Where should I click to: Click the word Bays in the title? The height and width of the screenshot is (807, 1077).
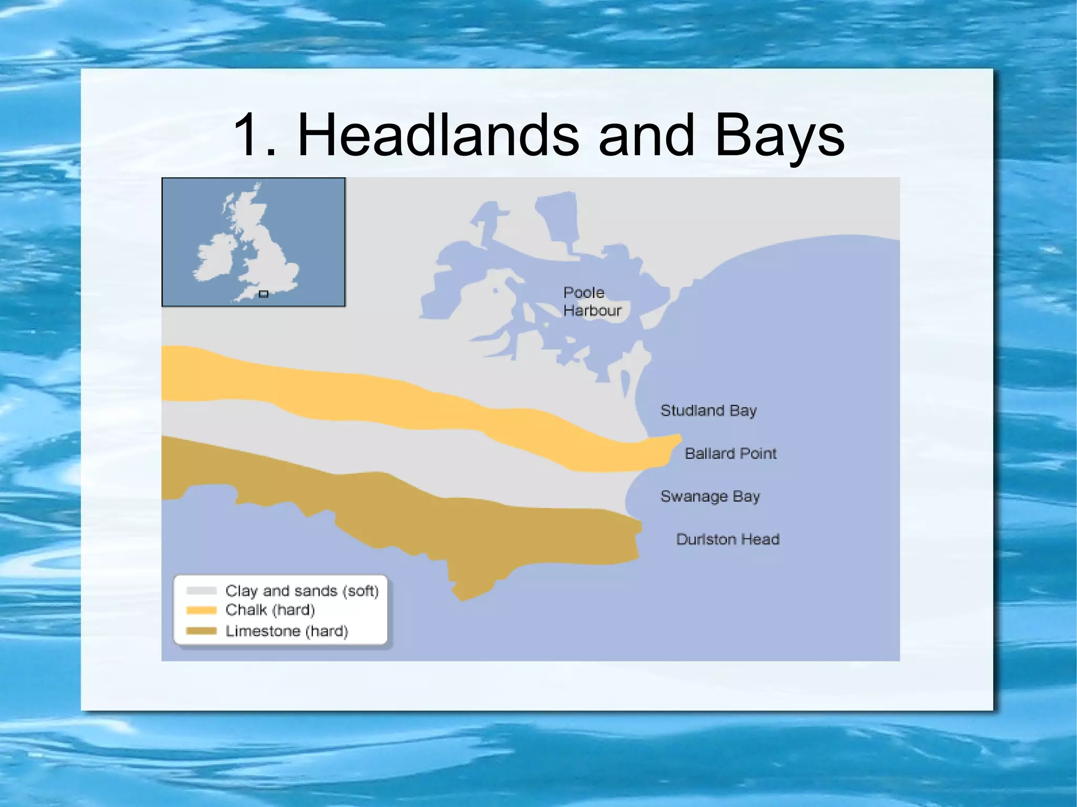click(x=779, y=136)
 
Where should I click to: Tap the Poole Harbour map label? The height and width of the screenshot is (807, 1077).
click(x=592, y=302)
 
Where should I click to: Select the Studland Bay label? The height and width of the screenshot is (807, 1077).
click(x=708, y=411)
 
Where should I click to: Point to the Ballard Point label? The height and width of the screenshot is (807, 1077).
click(x=730, y=454)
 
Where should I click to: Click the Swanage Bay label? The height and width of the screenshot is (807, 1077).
click(x=710, y=497)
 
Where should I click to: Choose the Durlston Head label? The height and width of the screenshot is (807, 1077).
click(x=728, y=539)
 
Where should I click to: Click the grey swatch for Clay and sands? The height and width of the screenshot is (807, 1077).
click(x=201, y=591)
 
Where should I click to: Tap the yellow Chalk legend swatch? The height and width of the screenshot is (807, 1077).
click(x=201, y=610)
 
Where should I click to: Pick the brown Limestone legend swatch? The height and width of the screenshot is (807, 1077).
click(x=201, y=631)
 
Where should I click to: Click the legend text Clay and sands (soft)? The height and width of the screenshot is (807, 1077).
click(x=302, y=591)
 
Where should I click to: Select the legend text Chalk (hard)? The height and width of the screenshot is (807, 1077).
click(x=270, y=610)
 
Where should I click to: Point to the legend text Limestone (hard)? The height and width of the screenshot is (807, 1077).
click(x=287, y=631)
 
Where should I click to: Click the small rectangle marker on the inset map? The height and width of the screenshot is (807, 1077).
click(x=264, y=294)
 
